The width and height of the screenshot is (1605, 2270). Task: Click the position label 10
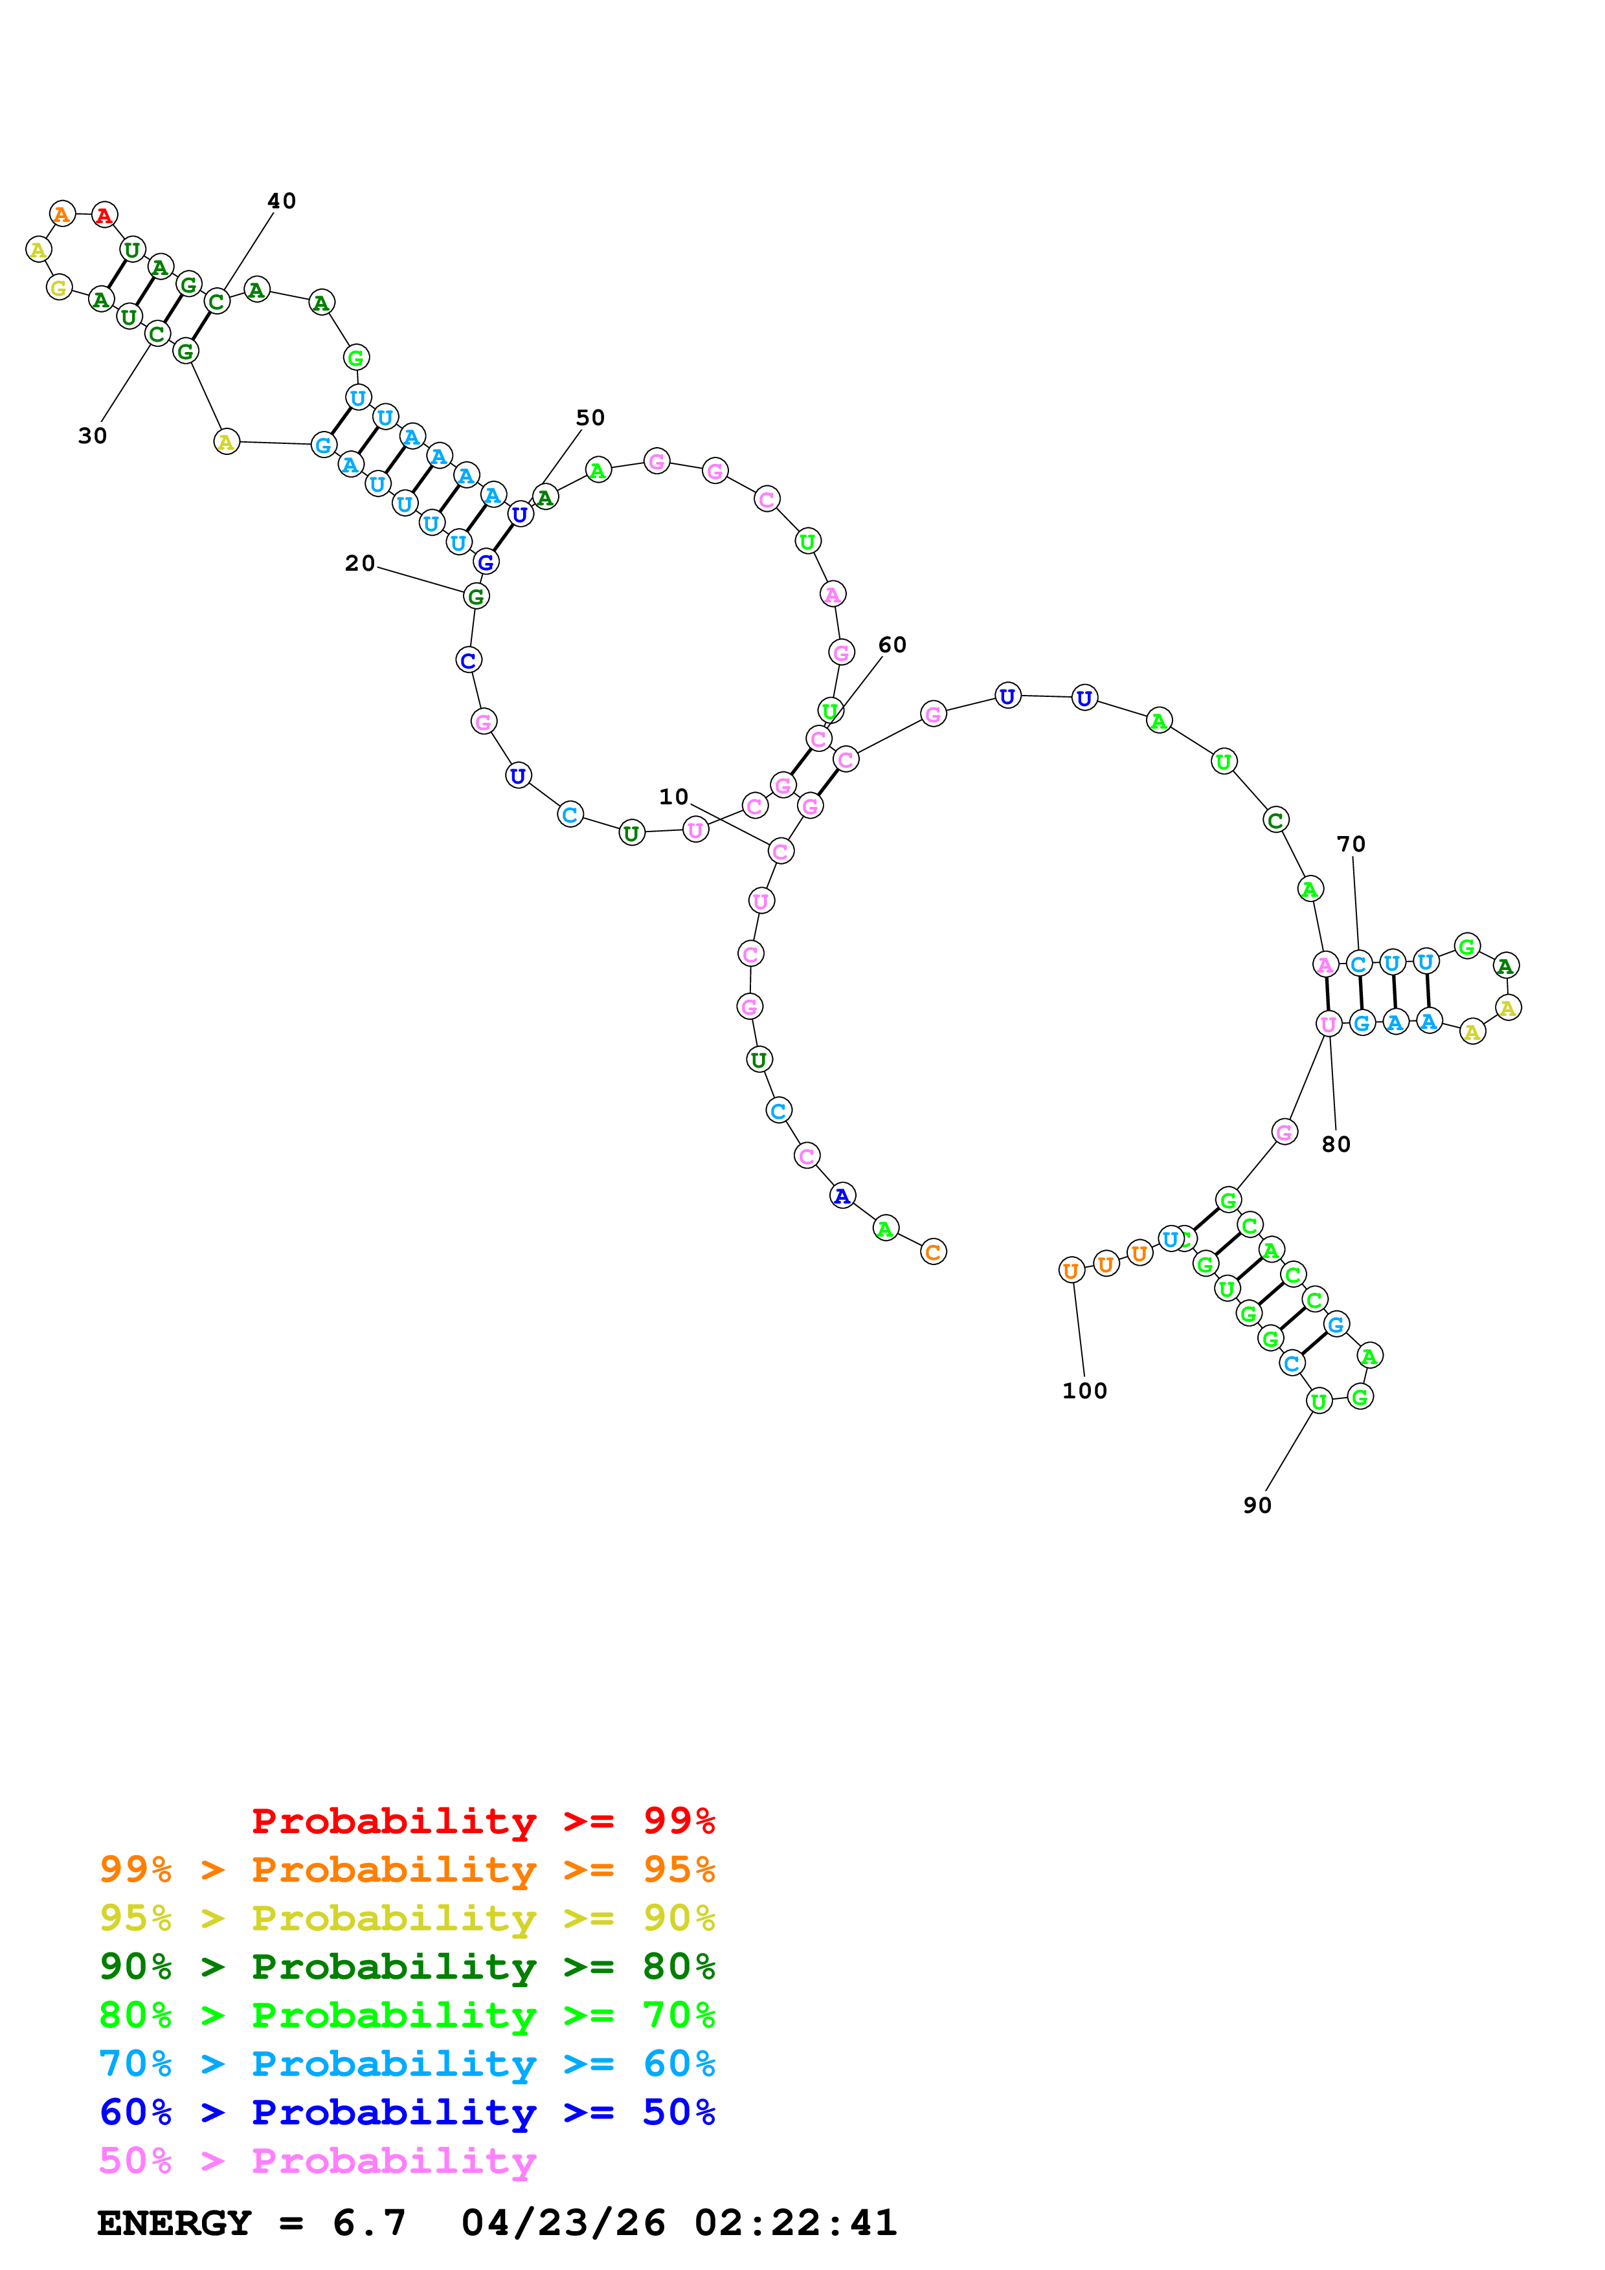click(x=673, y=797)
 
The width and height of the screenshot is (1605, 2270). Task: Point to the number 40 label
click(x=282, y=201)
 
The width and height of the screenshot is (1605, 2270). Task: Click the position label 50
click(x=590, y=417)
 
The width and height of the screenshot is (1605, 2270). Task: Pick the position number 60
click(x=892, y=645)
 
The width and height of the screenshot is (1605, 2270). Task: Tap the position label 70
click(x=1351, y=844)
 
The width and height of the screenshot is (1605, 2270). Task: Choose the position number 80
click(x=1336, y=1144)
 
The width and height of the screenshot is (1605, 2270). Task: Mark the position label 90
click(x=1257, y=1504)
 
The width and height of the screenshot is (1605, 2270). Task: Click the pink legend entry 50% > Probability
click(x=317, y=2160)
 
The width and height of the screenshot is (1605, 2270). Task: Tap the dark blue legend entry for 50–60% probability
click(x=407, y=2112)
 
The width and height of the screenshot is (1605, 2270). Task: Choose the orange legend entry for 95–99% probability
click(x=407, y=1869)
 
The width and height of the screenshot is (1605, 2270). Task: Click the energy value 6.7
click(x=369, y=2223)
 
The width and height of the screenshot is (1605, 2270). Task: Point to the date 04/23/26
click(x=563, y=2223)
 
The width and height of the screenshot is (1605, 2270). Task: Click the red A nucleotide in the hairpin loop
click(x=105, y=215)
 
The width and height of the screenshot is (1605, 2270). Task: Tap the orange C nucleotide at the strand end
click(x=932, y=1251)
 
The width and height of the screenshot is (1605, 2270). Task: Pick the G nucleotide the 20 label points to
click(x=476, y=596)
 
